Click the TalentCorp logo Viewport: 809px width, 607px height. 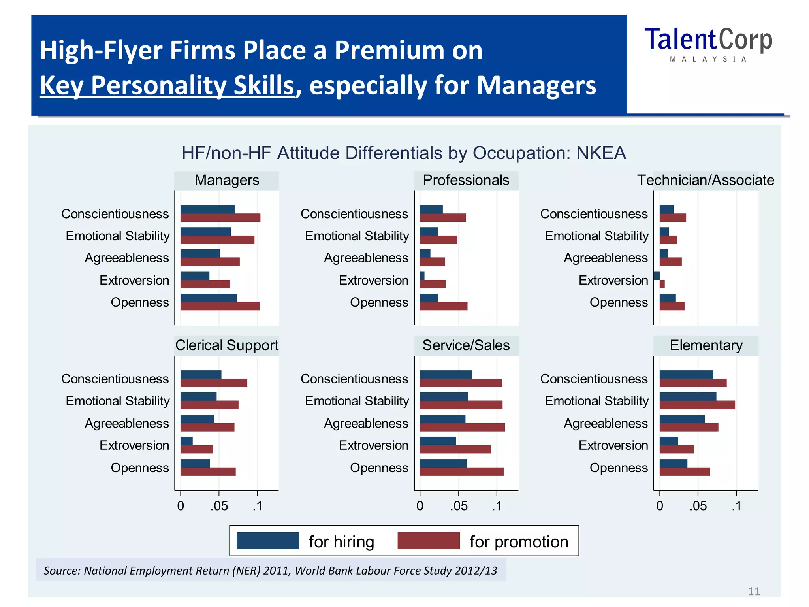pos(708,43)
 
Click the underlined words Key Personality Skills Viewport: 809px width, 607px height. pos(167,85)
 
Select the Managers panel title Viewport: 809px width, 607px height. pos(227,180)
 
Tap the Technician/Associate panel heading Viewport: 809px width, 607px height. pos(706,180)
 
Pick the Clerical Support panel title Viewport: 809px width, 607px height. pos(227,345)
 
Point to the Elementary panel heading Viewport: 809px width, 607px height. pos(706,345)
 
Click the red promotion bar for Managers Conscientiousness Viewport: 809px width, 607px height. pos(220,218)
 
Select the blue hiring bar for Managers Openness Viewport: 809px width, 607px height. pos(209,298)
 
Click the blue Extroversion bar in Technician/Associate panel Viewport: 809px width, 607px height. pos(657,276)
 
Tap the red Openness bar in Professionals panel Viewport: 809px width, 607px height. pos(443,306)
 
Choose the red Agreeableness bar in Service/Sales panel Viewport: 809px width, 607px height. pos(462,427)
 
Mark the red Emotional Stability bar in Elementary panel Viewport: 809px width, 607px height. pos(697,405)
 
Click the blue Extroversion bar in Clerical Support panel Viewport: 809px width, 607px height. pos(186,441)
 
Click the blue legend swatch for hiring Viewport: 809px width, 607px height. pos(267,541)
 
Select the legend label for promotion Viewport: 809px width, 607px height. pos(519,542)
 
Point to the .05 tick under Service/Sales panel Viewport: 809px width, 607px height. pos(458,506)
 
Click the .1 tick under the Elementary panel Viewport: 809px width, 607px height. pos(736,506)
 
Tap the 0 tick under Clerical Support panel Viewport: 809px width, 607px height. pos(181,506)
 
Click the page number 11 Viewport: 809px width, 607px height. pos(754,591)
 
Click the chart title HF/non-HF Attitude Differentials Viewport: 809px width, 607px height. pos(403,153)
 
